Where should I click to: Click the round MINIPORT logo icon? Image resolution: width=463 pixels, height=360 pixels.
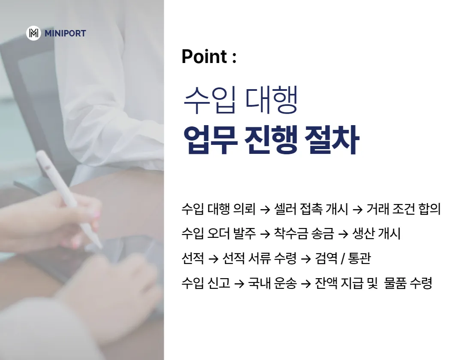click(x=33, y=33)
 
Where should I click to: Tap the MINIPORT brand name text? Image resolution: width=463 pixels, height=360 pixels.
click(x=65, y=33)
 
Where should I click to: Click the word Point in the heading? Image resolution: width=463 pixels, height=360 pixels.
click(x=204, y=57)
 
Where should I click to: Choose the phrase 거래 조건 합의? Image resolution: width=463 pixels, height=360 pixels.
click(x=403, y=210)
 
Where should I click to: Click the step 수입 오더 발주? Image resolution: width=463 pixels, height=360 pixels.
click(x=219, y=234)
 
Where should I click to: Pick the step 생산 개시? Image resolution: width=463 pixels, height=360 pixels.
click(x=376, y=234)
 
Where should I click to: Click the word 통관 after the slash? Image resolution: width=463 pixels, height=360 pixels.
click(x=359, y=259)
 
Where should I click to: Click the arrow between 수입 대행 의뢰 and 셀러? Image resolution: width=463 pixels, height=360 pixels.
click(x=265, y=210)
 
